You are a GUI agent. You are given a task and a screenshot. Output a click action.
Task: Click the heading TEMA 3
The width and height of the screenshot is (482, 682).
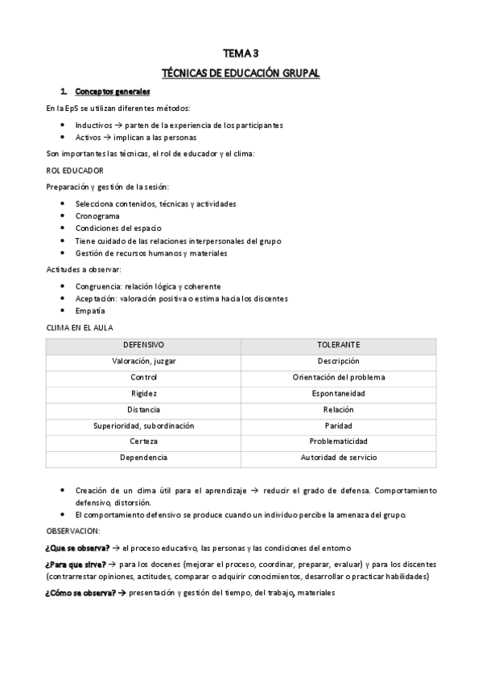tap(241, 53)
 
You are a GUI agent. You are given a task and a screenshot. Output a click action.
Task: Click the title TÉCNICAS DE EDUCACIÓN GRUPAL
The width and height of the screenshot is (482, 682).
tap(241, 73)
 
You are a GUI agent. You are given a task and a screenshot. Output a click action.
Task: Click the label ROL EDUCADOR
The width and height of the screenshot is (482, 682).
tap(75, 170)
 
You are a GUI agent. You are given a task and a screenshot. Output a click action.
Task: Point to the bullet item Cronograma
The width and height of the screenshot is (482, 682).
tap(97, 216)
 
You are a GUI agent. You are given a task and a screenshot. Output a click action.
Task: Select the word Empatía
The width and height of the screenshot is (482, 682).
tap(90, 310)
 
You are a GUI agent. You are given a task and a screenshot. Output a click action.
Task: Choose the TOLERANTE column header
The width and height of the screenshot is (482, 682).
tap(338, 345)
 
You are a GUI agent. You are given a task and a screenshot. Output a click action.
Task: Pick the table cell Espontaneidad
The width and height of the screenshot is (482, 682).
tap(338, 393)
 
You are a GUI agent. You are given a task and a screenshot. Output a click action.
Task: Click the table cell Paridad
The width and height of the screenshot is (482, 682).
tap(338, 425)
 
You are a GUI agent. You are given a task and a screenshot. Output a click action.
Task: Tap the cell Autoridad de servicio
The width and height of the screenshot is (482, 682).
tap(338, 458)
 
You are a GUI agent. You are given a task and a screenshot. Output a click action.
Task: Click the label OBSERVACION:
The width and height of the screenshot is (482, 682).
tap(72, 531)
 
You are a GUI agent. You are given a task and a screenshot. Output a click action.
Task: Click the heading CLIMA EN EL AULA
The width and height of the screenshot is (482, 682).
tap(80, 327)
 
